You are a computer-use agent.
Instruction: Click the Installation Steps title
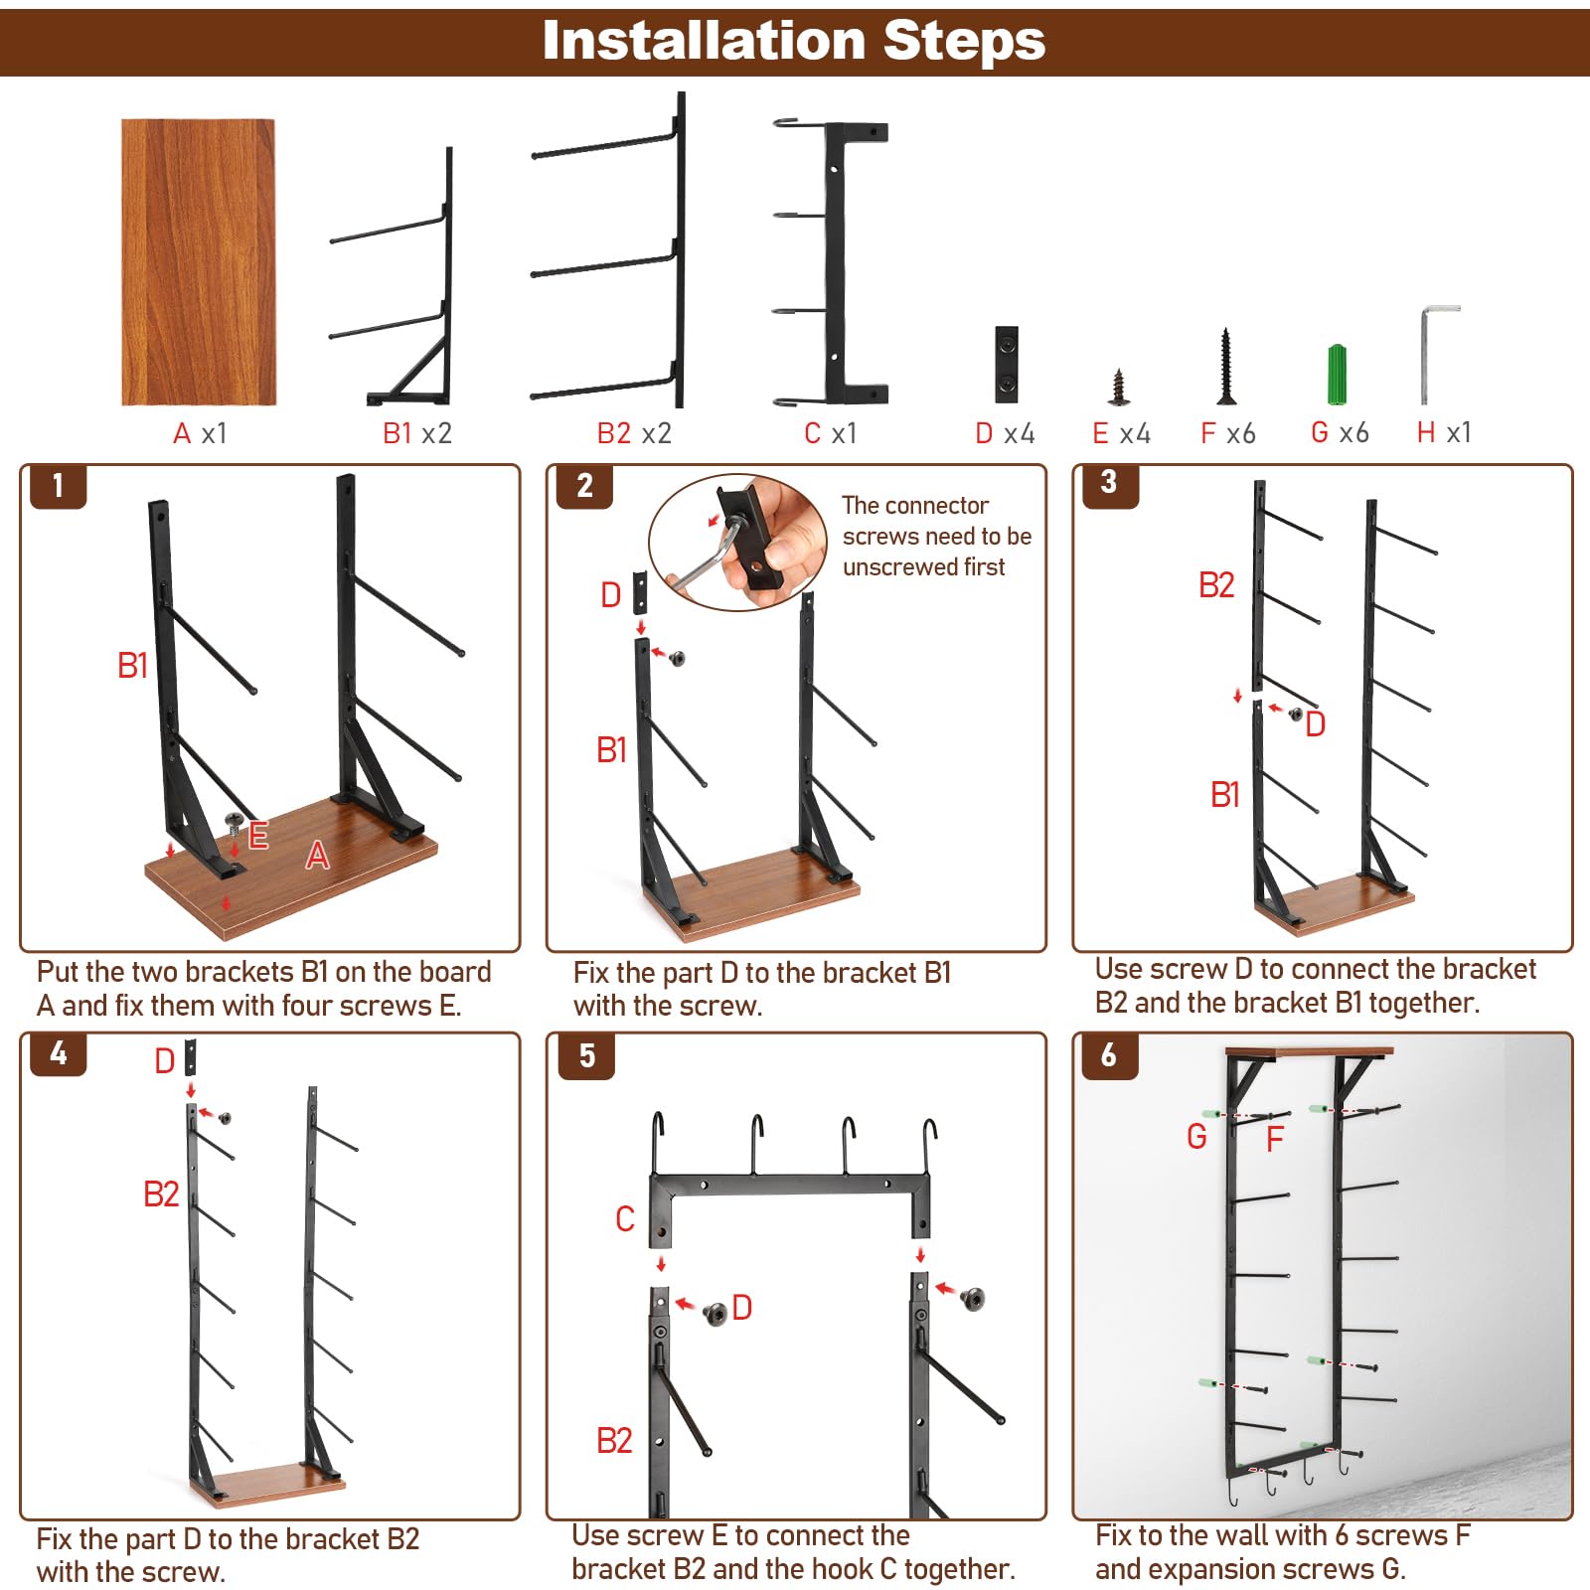click(794, 42)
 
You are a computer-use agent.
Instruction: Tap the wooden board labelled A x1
click(198, 262)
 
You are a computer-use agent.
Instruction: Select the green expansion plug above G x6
click(1338, 375)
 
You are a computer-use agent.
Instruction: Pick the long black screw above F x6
click(1226, 367)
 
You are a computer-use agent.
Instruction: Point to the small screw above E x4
click(1120, 387)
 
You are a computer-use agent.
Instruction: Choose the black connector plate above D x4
click(1007, 364)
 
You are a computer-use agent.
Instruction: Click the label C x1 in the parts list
click(830, 433)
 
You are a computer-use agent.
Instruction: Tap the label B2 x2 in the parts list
click(634, 433)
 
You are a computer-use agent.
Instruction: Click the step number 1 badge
click(58, 486)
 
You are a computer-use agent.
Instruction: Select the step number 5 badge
click(586, 1055)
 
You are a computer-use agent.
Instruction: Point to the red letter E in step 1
click(258, 835)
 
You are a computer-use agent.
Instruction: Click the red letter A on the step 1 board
click(317, 855)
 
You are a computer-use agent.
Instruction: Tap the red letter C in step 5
click(625, 1218)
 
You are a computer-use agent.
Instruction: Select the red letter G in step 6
click(1196, 1136)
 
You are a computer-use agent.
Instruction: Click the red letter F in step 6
click(1275, 1139)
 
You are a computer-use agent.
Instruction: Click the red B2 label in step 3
click(1216, 585)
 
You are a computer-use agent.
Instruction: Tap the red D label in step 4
click(165, 1061)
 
